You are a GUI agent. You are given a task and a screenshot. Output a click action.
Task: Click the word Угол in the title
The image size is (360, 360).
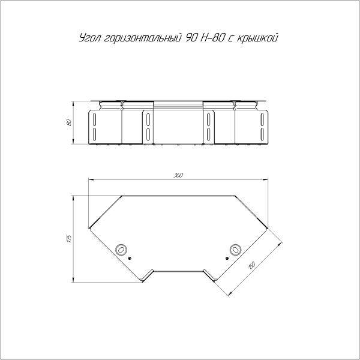tap(90, 38)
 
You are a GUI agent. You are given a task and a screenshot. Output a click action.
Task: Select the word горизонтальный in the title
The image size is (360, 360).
tap(142, 38)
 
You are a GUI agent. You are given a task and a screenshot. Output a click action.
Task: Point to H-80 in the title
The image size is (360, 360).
tap(212, 38)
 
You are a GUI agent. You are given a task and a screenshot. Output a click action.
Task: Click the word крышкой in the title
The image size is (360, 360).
tap(257, 38)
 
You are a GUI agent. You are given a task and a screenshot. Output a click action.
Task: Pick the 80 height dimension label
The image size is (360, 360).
tap(69, 122)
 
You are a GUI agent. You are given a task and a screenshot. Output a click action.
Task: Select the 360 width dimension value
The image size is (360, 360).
tap(178, 175)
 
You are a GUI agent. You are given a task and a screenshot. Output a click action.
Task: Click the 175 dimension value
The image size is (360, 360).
tap(69, 239)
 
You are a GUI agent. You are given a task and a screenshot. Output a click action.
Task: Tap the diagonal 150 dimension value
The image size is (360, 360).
tap(252, 265)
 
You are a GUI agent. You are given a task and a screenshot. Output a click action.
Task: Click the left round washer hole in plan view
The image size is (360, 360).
tap(121, 250)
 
